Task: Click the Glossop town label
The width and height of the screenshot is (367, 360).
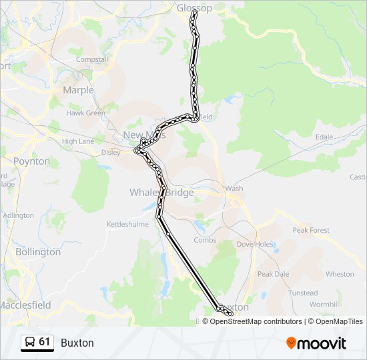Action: click(194, 8)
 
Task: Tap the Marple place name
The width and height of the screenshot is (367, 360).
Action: click(78, 90)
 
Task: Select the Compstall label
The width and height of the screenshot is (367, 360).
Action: click(92, 59)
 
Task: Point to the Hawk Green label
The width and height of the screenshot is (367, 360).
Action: click(85, 113)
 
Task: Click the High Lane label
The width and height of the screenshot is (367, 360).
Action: click(77, 141)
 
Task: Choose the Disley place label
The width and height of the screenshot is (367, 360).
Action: click(111, 151)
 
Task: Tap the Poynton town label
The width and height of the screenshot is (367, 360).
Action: click(31, 161)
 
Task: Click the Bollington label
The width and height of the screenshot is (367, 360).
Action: click(37, 252)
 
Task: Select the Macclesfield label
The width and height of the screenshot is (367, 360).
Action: click(25, 305)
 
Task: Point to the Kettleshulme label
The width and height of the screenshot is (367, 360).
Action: click(127, 225)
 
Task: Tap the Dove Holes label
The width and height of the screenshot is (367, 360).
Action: click(255, 244)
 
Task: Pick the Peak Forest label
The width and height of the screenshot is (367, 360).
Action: click(310, 230)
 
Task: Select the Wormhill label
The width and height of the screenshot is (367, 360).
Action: click(325, 304)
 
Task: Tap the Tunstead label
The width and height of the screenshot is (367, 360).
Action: click(302, 293)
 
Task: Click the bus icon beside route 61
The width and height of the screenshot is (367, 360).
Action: click(29, 343)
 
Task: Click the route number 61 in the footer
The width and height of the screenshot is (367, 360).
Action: click(45, 342)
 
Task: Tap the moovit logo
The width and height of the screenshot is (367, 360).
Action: click(316, 343)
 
